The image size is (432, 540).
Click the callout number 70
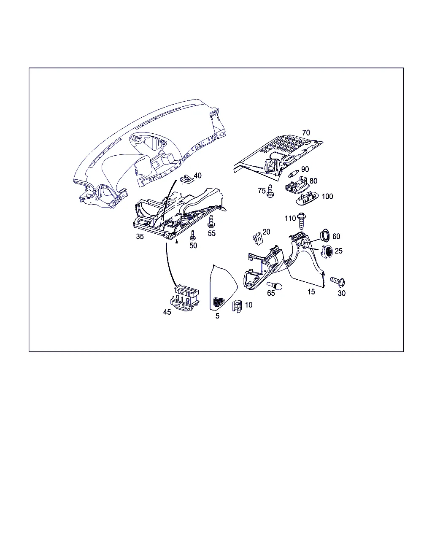(x=306, y=132)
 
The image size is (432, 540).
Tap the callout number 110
(x=290, y=219)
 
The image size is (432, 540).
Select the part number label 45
(x=167, y=312)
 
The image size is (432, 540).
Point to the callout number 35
(x=140, y=236)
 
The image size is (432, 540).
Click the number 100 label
(x=327, y=196)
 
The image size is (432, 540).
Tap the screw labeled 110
(x=301, y=221)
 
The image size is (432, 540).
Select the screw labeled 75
(x=270, y=191)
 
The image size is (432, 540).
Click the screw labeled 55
(x=211, y=221)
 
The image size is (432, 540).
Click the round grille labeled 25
(x=327, y=251)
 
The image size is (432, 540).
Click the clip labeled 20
(x=257, y=239)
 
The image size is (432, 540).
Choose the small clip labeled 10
(x=237, y=306)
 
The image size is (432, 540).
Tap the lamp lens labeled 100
(x=308, y=198)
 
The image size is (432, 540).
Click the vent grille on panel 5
(x=219, y=302)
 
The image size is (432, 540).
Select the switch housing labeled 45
(x=185, y=297)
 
